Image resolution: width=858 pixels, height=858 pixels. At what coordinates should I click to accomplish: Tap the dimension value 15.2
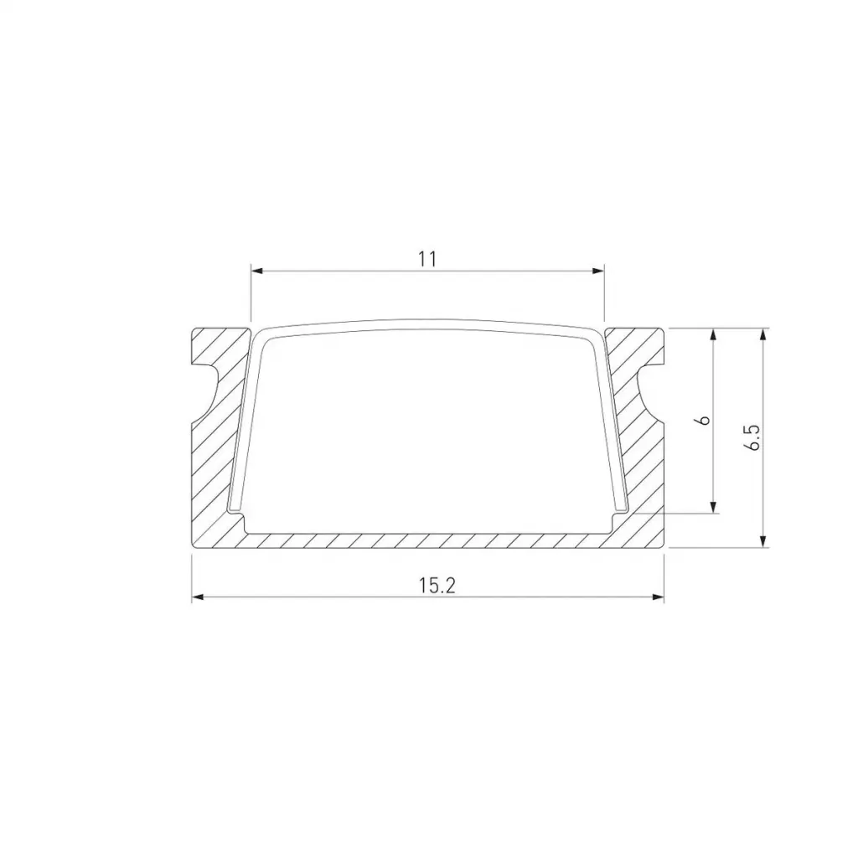pos(437,586)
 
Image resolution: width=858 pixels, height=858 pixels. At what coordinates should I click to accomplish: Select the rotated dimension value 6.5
pos(752,437)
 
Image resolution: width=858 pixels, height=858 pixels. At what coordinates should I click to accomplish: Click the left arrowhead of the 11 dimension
pos(257,271)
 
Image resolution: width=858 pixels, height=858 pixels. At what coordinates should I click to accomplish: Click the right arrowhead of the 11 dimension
pos(597,271)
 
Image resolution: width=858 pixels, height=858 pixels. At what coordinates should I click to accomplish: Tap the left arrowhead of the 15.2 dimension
pos(198,597)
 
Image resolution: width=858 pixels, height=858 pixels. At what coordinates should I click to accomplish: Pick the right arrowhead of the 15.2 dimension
pos(657,597)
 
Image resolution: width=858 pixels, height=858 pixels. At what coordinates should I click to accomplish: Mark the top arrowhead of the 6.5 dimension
pos(763,335)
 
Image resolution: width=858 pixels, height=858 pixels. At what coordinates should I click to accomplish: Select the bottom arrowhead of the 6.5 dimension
pos(763,540)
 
